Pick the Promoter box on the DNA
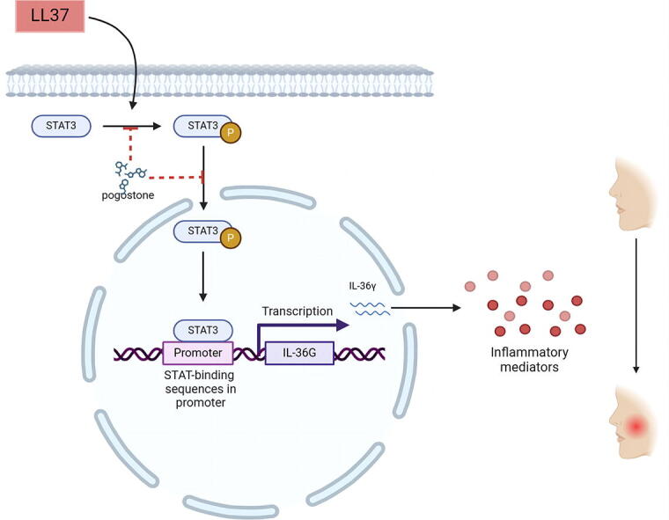[x=198, y=354]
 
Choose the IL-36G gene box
[x=298, y=354]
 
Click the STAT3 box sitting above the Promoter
[x=203, y=331]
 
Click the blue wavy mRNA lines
[x=371, y=306]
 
